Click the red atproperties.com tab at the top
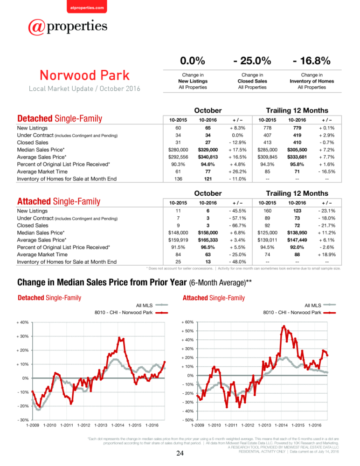(87, 7)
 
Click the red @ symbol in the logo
(36, 27)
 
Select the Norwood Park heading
(85, 75)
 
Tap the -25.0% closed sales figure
(252, 61)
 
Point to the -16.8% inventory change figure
(312, 61)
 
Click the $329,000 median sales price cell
(208, 150)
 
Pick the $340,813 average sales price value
(208, 157)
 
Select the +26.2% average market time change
(237, 171)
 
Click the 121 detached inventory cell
(208, 179)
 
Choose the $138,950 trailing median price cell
(297, 233)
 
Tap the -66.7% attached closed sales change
(237, 226)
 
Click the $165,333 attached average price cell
(208, 240)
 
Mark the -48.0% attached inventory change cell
(237, 262)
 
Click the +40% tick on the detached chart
(22, 322)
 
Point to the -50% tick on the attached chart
(188, 420)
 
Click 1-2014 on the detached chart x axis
(118, 425)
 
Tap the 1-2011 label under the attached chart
(231, 425)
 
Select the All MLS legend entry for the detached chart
(152, 305)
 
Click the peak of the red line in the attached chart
(284, 326)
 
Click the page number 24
(180, 453)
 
